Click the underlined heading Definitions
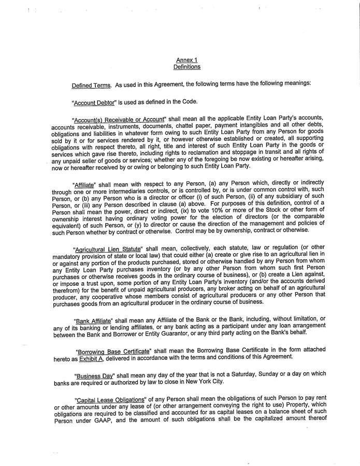[x=187, y=67]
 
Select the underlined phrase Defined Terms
[x=91, y=85]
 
